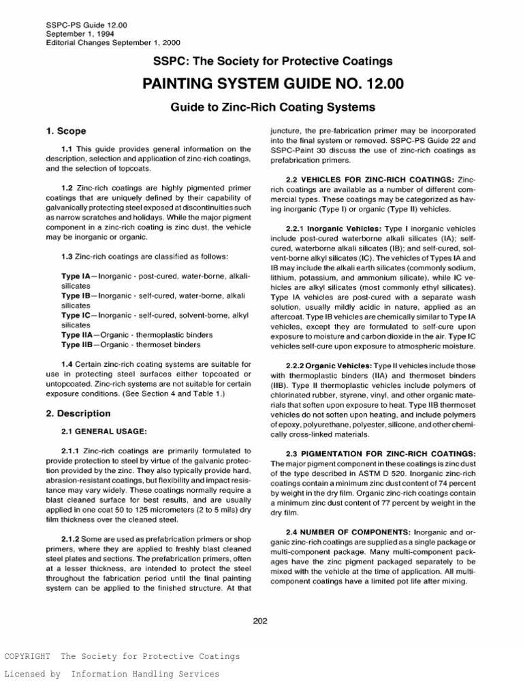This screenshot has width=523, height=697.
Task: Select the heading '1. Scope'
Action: click(x=66, y=131)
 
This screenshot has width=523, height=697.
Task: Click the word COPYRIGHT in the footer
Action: click(x=27, y=657)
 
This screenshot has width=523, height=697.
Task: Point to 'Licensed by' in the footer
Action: click(x=33, y=674)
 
